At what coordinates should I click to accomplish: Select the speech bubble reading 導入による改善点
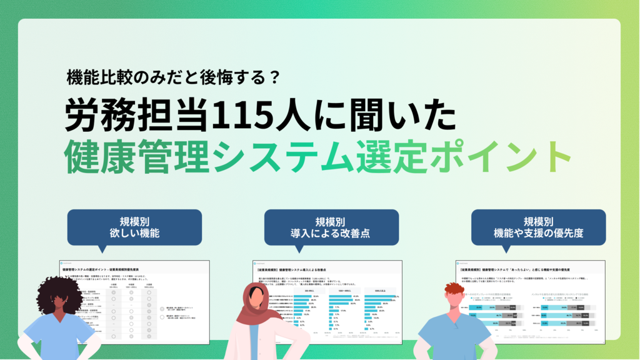(329, 227)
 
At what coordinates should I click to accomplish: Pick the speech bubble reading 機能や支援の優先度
(538, 227)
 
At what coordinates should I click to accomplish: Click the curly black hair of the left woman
(59, 294)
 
